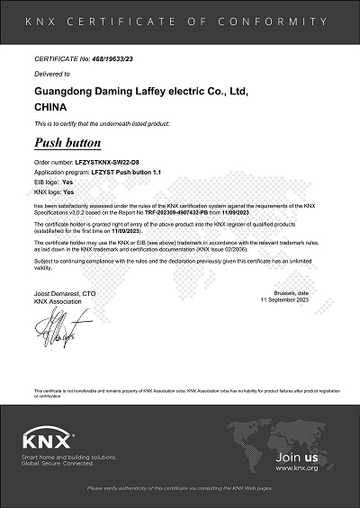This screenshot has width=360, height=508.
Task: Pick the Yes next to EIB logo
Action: point(67,183)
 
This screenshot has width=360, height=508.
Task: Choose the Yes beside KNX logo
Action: point(68,192)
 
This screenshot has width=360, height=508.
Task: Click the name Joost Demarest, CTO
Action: point(64,294)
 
